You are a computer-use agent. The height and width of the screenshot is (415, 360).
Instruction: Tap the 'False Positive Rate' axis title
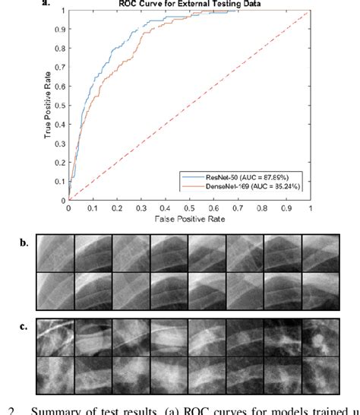tap(190, 220)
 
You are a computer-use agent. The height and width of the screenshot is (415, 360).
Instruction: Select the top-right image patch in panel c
tap(320, 337)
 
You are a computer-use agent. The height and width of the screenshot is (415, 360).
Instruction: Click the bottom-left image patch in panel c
tap(55, 375)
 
